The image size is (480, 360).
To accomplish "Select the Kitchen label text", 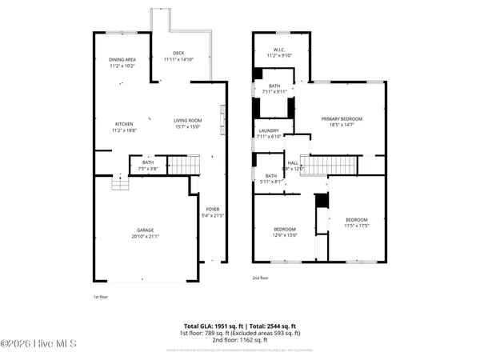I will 123,124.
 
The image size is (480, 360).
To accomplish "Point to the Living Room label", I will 189,121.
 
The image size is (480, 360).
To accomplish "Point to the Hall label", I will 293,163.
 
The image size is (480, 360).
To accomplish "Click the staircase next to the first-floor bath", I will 183,165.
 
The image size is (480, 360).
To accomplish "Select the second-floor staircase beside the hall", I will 331,165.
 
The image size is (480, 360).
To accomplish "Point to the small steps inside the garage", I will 119,185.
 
